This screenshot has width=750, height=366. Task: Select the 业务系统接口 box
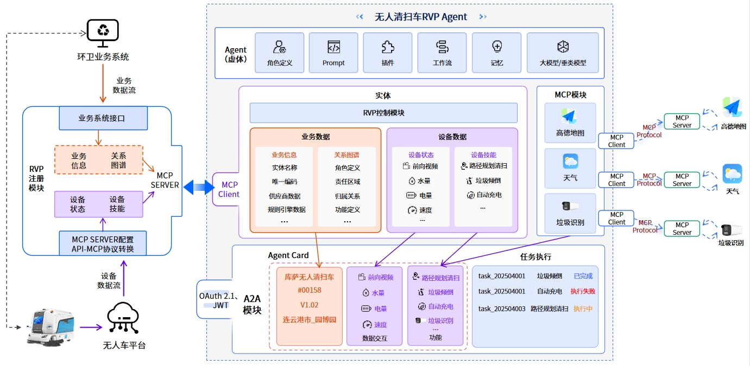click(x=102, y=118)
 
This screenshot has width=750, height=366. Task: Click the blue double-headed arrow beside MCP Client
click(x=198, y=188)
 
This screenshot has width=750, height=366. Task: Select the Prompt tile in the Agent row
click(x=333, y=53)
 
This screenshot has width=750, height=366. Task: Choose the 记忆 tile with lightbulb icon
click(x=496, y=53)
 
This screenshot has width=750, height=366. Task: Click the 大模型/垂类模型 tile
click(x=563, y=53)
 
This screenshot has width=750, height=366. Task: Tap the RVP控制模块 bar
click(x=383, y=113)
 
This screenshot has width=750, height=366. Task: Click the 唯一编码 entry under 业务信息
click(x=285, y=182)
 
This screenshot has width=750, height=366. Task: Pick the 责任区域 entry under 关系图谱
click(x=348, y=182)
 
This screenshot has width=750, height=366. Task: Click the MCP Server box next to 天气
click(x=682, y=180)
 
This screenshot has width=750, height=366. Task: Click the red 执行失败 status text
click(x=583, y=292)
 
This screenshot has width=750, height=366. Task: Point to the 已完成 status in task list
click(x=583, y=277)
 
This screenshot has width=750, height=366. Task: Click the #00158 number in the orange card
click(x=310, y=291)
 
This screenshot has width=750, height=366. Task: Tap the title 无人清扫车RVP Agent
click(x=421, y=17)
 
